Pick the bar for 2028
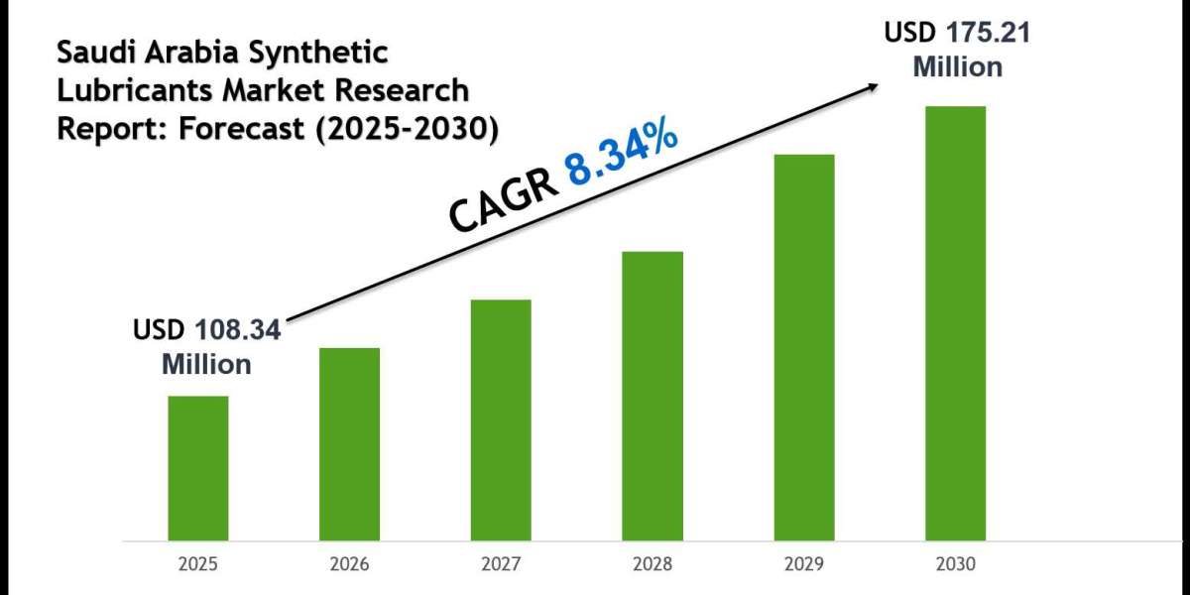pos(653,396)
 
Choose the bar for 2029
pos(804,347)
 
